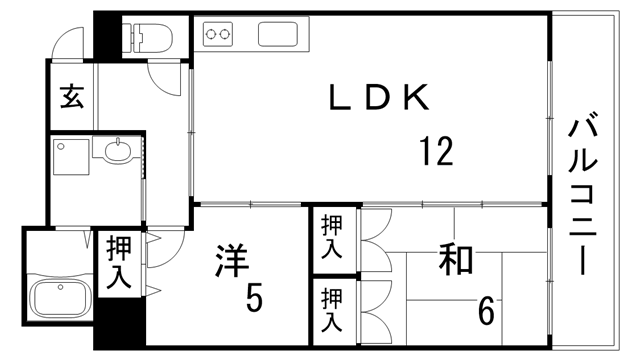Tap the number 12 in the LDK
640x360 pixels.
click(x=436, y=152)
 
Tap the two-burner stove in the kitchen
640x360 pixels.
click(x=218, y=35)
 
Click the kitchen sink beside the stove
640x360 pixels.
click(x=278, y=35)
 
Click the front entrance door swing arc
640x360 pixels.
click(x=68, y=41)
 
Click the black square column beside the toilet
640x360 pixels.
click(x=106, y=35)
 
